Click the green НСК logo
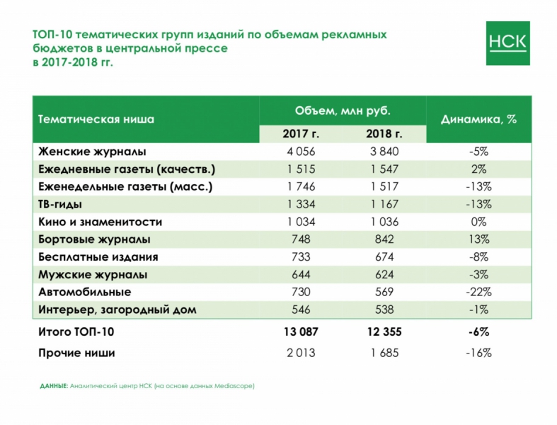pyautogui.click(x=507, y=43)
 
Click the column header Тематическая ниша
pyautogui.click(x=96, y=119)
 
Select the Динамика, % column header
pyautogui.click(x=478, y=119)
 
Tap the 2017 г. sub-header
pyautogui.click(x=300, y=134)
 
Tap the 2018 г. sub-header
pyautogui.click(x=384, y=134)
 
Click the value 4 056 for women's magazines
pyautogui.click(x=300, y=152)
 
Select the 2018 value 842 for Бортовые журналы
pyautogui.click(x=384, y=239)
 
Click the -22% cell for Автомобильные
pyautogui.click(x=479, y=292)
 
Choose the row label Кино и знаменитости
pyautogui.click(x=101, y=222)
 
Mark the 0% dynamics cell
pyautogui.click(x=479, y=222)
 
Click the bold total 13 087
pyautogui.click(x=300, y=331)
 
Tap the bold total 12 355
pyautogui.click(x=384, y=331)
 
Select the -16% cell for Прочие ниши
pyautogui.click(x=479, y=353)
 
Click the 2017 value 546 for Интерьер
pyautogui.click(x=300, y=310)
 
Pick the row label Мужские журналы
pyautogui.click(x=93, y=274)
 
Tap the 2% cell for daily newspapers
pyautogui.click(x=479, y=169)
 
